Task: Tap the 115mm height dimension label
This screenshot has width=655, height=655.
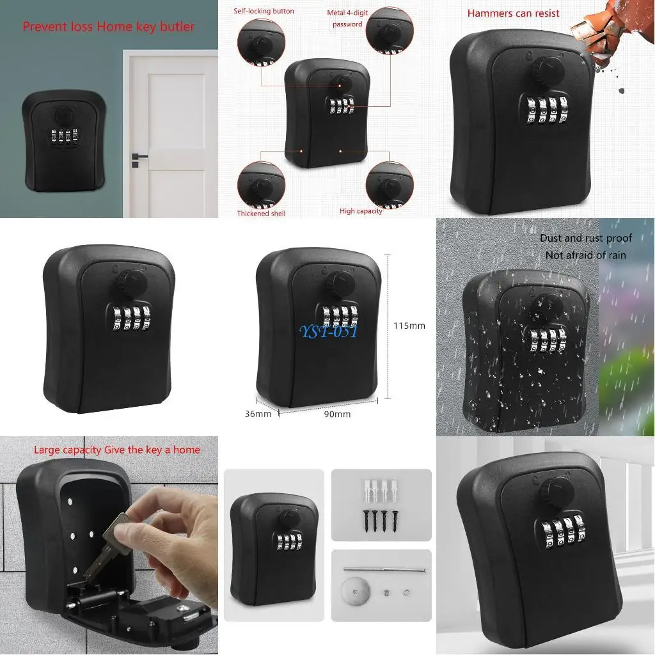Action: click(x=409, y=326)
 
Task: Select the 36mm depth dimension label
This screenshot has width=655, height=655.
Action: click(x=258, y=414)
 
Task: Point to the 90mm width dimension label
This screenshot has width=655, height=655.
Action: click(x=337, y=414)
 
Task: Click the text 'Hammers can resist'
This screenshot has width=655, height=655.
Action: click(x=513, y=13)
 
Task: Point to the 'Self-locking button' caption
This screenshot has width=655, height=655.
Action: click(x=264, y=11)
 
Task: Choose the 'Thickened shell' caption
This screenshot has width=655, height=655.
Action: click(x=261, y=214)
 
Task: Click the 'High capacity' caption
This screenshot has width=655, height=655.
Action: click(x=361, y=211)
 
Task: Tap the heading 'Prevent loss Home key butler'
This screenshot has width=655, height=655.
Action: click(x=108, y=27)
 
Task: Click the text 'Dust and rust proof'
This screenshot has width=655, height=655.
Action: click(x=585, y=238)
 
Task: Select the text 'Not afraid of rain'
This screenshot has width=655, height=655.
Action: click(x=585, y=255)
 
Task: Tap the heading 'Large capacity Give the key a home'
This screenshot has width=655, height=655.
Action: click(x=116, y=450)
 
